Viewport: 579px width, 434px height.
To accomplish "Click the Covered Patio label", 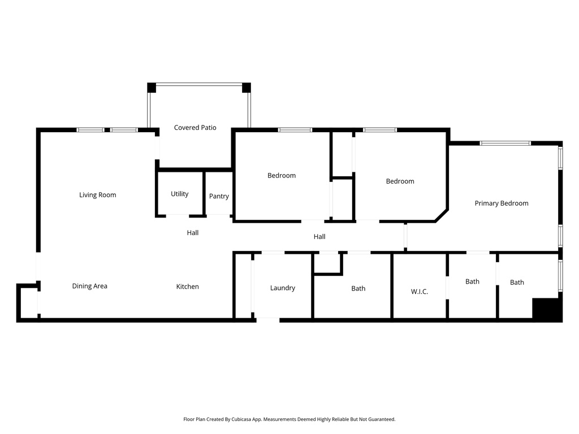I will (195, 128).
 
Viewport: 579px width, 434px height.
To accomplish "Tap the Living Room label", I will (97, 195).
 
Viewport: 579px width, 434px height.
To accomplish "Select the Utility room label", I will (180, 194).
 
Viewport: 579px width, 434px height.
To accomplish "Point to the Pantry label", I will (219, 196).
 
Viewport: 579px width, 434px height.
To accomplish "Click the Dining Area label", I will (89, 286).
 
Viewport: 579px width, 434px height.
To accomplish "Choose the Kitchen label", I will (187, 287).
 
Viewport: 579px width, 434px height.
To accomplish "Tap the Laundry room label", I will (282, 288).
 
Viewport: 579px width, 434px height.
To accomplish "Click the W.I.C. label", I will (419, 292).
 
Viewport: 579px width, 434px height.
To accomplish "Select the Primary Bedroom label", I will (501, 203).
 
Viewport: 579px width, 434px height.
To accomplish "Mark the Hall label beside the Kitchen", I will (192, 232).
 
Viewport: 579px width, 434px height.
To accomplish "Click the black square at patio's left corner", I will (152, 88).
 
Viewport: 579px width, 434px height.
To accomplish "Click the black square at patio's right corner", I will (246, 88).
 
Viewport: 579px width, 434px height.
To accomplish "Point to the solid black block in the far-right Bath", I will (546, 309).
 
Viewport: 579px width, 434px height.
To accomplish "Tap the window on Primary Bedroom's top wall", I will (505, 144).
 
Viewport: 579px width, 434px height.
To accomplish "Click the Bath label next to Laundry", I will (358, 288).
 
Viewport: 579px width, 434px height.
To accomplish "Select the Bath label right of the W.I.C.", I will (472, 281).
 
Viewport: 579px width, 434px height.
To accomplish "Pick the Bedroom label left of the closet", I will (282, 175).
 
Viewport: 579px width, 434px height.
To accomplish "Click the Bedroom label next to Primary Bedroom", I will (400, 181).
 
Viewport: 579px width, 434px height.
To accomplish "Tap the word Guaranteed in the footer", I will (381, 419).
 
